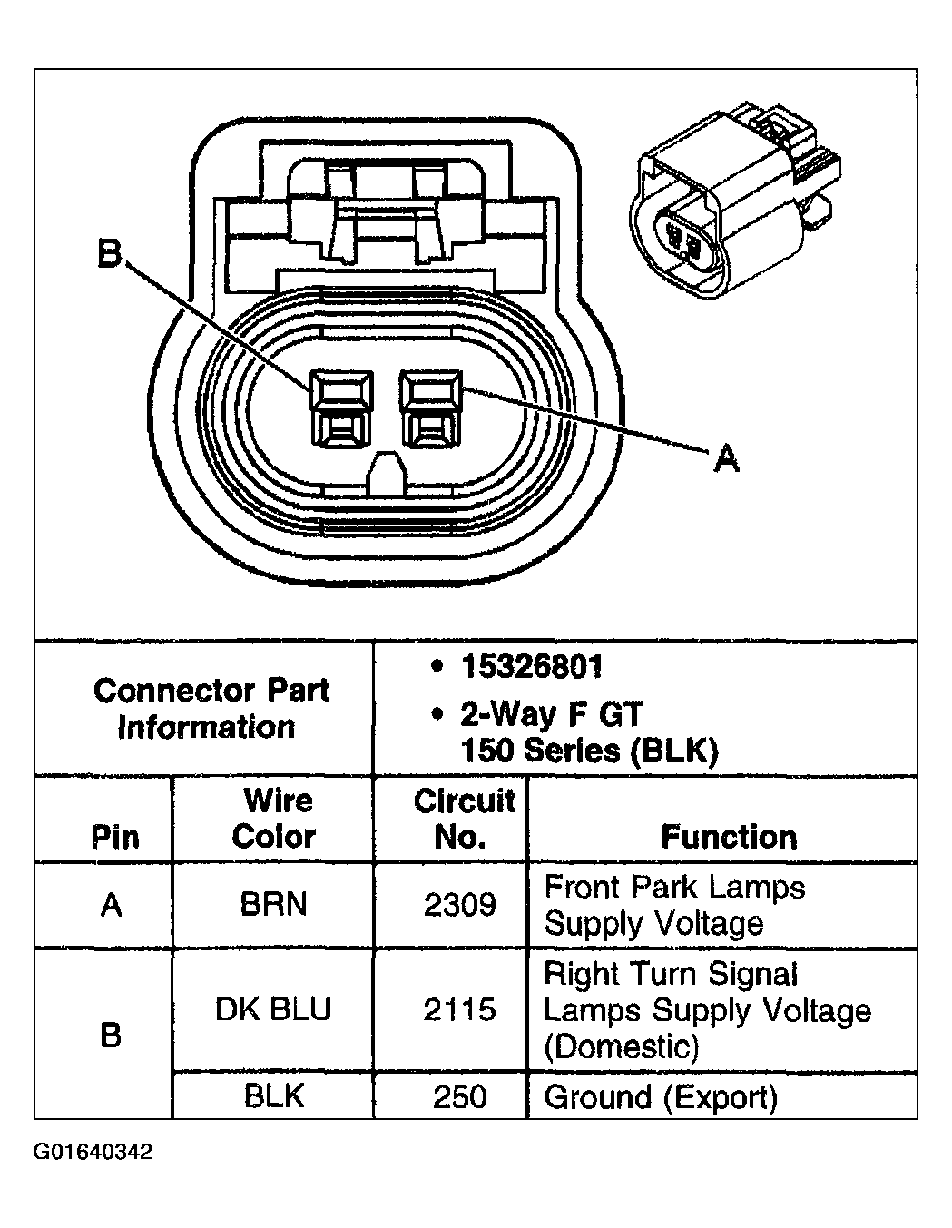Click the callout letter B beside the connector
109,255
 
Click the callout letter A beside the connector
726,458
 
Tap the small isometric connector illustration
735,204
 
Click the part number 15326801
531,668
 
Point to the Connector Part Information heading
210,708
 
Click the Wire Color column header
274,818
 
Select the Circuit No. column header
463,818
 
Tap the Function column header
729,836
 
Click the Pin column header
114,836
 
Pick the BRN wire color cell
273,904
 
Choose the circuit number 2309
460,905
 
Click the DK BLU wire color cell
273,1008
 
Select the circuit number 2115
460,1009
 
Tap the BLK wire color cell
273,1096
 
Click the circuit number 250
460,1096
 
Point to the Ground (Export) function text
661,1097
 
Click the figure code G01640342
93,1153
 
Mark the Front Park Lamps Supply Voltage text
674,905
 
